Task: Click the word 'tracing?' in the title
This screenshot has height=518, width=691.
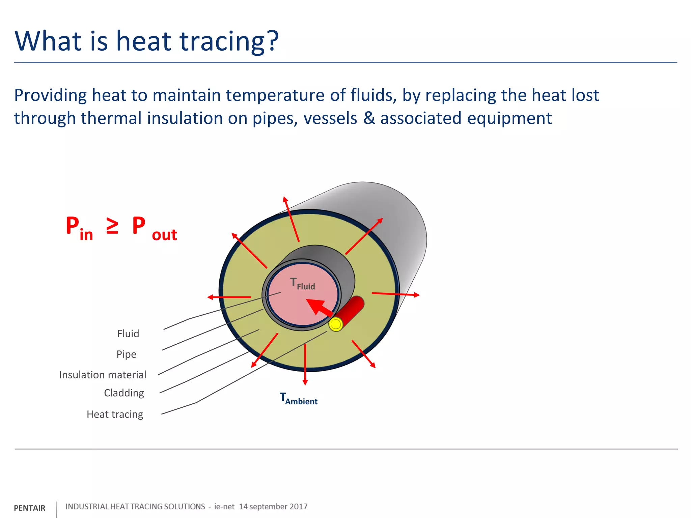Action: click(229, 41)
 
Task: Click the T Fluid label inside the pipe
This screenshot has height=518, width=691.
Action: click(302, 284)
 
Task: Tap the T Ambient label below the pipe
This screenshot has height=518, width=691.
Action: click(298, 399)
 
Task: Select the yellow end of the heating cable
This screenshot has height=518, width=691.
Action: click(336, 324)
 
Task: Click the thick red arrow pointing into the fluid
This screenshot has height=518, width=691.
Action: click(319, 307)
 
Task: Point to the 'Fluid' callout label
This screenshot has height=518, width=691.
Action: click(128, 334)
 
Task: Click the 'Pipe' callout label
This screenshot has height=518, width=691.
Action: click(126, 354)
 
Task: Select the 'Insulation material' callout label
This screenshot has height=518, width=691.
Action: click(103, 375)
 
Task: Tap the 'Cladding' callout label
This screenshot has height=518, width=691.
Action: click(124, 393)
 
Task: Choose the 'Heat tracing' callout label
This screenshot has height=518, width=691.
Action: click(115, 414)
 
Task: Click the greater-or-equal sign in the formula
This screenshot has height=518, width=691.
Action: click(112, 226)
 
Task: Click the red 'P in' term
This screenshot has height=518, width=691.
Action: click(79, 228)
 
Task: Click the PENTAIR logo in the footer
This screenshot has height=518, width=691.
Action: click(29, 508)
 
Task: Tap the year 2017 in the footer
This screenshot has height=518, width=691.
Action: click(298, 507)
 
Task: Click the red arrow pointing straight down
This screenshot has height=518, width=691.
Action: click(305, 364)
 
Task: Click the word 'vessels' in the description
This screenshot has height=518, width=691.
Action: click(330, 118)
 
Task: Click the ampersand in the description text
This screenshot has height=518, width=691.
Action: click(369, 118)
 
